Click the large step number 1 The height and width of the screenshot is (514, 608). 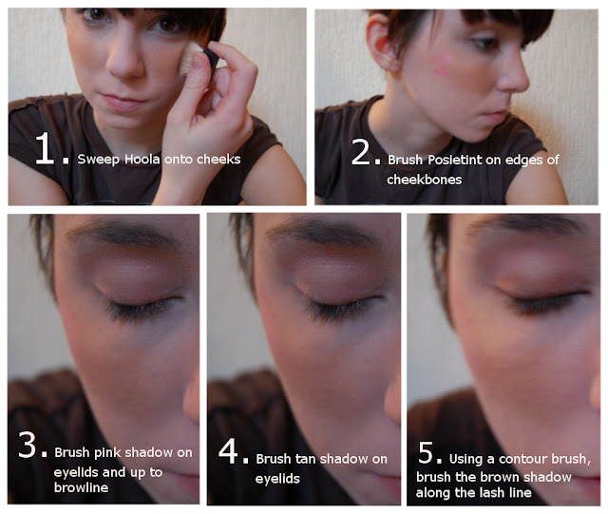click(44, 148)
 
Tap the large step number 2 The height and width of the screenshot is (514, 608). click(360, 152)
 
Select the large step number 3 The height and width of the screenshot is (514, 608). click(28, 445)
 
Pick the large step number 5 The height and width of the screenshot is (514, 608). click(426, 452)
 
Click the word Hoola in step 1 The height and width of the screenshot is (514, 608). click(142, 159)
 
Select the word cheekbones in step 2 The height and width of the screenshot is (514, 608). click(425, 180)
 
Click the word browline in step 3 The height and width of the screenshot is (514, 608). click(81, 487)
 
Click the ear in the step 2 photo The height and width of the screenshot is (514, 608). click(382, 44)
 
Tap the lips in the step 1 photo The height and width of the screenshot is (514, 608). click(122, 103)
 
